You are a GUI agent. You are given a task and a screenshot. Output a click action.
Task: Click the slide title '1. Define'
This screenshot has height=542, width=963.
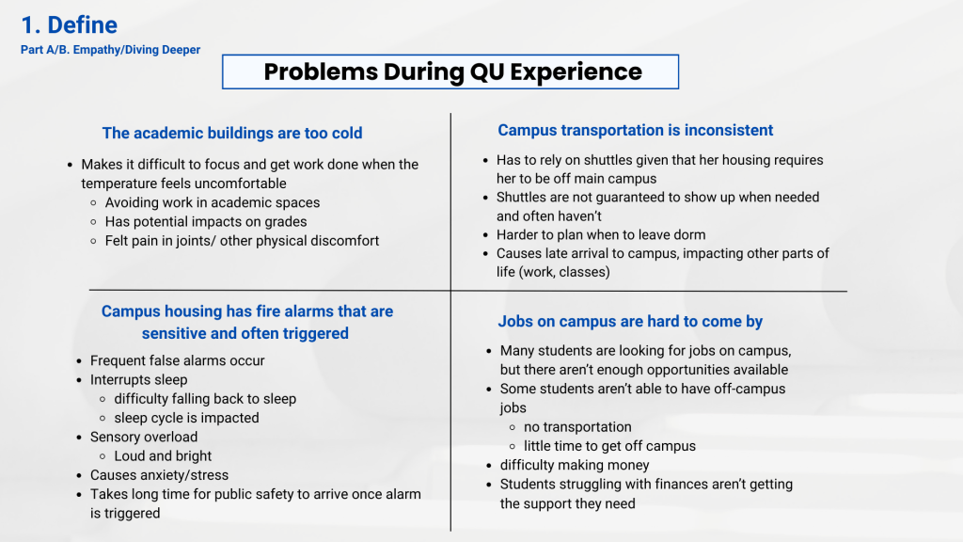click(x=69, y=25)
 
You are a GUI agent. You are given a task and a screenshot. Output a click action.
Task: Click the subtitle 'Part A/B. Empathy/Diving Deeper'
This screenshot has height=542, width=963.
click(x=111, y=50)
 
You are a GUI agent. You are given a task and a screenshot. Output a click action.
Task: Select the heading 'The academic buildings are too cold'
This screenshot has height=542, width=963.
click(x=232, y=134)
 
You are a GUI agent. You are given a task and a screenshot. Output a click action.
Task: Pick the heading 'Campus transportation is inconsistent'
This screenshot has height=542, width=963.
click(x=635, y=130)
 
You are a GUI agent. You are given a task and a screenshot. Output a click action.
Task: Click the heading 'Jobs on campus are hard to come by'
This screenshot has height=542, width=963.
click(x=630, y=322)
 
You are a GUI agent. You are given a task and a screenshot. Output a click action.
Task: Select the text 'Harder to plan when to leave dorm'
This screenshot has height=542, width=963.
click(x=601, y=234)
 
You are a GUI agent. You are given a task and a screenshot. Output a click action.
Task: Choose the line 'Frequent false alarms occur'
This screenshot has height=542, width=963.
click(x=177, y=360)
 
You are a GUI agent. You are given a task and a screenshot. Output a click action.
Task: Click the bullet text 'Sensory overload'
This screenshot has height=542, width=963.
click(x=144, y=437)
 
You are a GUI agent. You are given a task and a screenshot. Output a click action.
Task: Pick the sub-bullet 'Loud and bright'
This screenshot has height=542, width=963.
click(x=163, y=456)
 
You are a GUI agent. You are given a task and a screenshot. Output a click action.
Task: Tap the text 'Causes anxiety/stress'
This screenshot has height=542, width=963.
click(x=159, y=475)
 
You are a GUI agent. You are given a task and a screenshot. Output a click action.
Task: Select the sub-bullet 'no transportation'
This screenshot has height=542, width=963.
click(x=577, y=427)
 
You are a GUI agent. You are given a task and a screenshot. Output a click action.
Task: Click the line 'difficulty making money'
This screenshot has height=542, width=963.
click(x=575, y=465)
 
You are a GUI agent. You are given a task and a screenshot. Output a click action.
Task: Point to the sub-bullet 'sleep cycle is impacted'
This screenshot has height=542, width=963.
click(x=186, y=418)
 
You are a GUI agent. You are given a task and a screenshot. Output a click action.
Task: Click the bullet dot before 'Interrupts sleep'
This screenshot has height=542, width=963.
click(x=79, y=380)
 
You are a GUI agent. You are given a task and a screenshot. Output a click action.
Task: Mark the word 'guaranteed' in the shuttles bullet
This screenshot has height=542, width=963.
click(x=615, y=198)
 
